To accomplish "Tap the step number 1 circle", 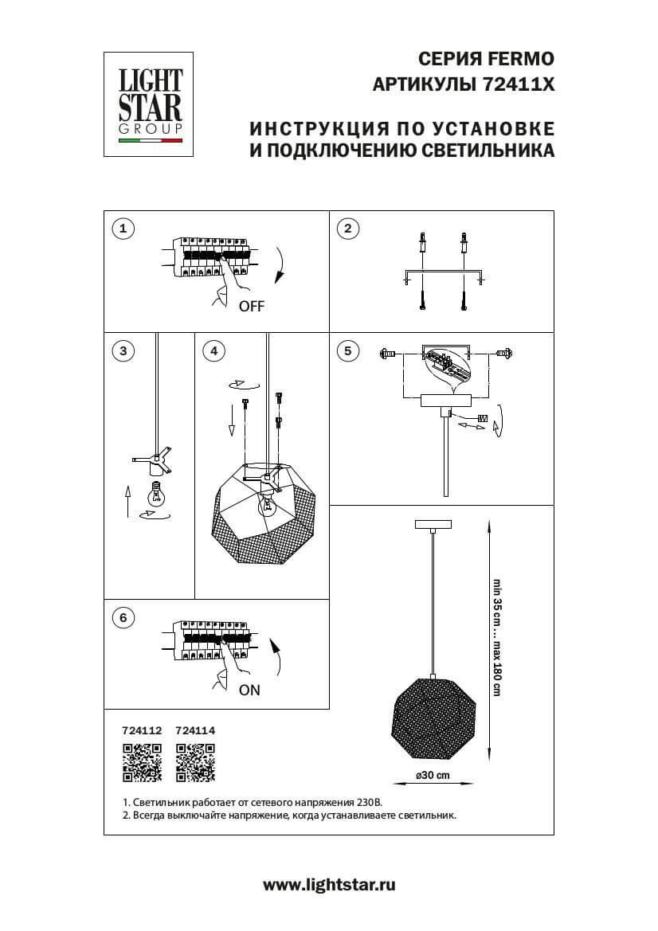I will tap(123, 229).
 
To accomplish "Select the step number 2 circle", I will tap(347, 229).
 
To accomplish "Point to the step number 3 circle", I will tap(123, 350).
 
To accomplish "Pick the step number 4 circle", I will tap(213, 350).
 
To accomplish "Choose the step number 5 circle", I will tap(347, 350).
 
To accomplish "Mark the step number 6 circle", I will tap(123, 618).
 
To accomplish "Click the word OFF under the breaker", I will tap(251, 307).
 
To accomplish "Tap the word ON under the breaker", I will tap(249, 690).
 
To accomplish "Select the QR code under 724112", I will tap(142, 762).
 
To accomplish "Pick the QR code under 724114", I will tap(195, 762).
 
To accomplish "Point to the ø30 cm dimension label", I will tap(432, 776).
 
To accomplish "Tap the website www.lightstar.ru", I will tap(329, 884).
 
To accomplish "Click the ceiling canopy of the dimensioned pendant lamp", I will tap(433, 525).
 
